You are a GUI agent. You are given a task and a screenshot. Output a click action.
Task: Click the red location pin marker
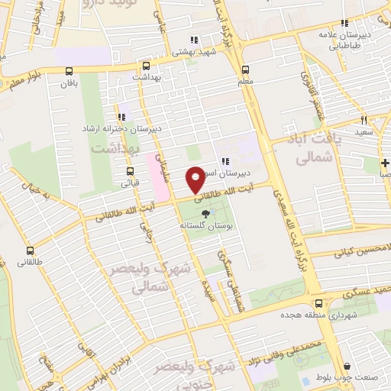coord(195,180)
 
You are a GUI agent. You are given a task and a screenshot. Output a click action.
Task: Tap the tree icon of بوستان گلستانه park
coord(204,215)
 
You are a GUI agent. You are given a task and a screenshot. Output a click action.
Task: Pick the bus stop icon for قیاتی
coord(130,171)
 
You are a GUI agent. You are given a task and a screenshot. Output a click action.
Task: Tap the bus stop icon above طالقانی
coord(30,250)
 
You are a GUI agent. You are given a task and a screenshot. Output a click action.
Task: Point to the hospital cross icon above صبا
coord(386,163)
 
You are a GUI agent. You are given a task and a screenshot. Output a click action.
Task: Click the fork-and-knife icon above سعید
coord(364,119)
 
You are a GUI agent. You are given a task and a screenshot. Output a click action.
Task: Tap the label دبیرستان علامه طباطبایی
coord(344,40)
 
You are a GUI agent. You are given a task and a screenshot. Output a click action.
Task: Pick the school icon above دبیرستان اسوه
coord(225,160)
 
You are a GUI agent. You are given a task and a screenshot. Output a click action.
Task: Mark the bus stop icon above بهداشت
coord(145,65)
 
